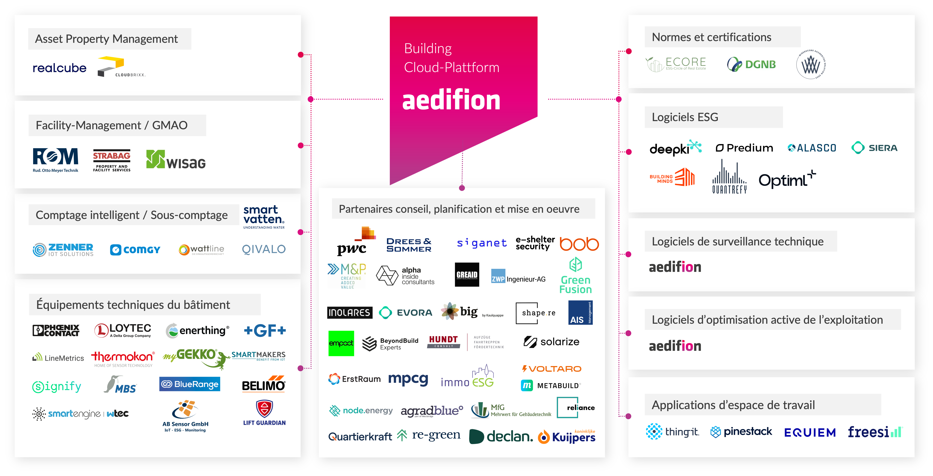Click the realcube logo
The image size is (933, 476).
coord(59,68)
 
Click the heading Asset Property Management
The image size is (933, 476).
coord(106,39)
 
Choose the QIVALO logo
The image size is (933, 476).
coord(264,249)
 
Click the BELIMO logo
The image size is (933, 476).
coord(263,384)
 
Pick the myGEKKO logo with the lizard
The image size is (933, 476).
coord(196,357)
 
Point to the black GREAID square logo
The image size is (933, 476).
coord(467,275)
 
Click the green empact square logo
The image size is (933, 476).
coord(341,343)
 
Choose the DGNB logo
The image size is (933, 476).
coord(751,65)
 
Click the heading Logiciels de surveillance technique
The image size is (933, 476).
coord(737,241)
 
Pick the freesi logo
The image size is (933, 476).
coord(874,432)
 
